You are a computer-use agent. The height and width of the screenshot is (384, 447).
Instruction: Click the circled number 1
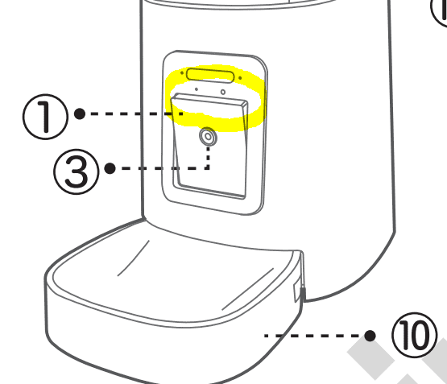(x=45, y=117)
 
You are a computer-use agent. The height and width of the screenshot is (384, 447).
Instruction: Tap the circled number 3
(x=77, y=171)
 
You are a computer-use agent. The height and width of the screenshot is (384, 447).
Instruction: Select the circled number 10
(x=415, y=335)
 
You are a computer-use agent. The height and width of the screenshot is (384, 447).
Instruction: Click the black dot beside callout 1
(x=80, y=114)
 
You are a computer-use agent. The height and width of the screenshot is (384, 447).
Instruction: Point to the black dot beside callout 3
(x=110, y=168)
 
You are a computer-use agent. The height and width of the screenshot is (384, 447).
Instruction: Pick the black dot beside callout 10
(x=370, y=336)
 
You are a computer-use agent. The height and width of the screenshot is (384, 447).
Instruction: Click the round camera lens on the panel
(x=208, y=137)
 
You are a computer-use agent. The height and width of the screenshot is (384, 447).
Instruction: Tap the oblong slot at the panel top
(x=210, y=75)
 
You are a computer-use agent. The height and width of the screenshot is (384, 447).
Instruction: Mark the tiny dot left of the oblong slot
(x=182, y=73)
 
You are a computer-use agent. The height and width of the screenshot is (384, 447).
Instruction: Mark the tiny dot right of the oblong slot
(x=240, y=77)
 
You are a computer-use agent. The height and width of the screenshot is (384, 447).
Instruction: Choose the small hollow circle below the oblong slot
(x=223, y=92)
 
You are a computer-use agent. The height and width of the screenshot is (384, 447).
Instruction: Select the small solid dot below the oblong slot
(x=197, y=89)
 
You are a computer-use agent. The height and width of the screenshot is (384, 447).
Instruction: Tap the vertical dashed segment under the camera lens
(x=208, y=158)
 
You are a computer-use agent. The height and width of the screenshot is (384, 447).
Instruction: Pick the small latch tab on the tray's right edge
(x=298, y=292)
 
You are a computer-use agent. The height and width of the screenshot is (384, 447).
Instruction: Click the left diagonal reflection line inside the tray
(x=134, y=258)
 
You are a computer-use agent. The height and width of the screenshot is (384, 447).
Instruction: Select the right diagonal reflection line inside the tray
(x=248, y=289)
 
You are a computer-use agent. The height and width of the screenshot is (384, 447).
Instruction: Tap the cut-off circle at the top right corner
(x=439, y=14)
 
